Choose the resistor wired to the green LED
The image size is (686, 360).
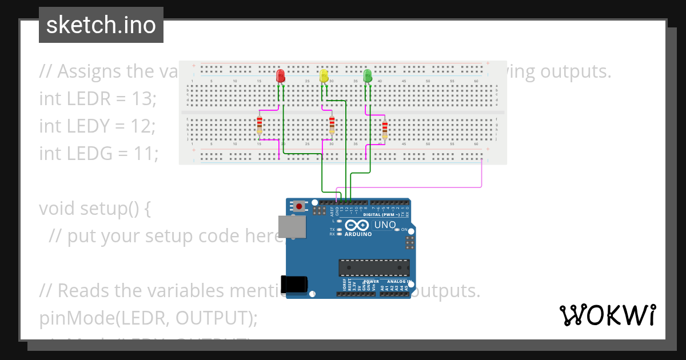click(x=384, y=129)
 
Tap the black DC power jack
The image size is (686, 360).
click(x=294, y=285)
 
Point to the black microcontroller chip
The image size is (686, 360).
click(x=374, y=267)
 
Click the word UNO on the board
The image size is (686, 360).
click(x=385, y=225)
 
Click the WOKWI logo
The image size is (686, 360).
click(x=607, y=315)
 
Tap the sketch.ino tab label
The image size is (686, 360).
click(x=101, y=25)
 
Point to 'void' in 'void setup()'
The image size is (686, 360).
click(x=58, y=209)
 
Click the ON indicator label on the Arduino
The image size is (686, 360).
click(x=404, y=230)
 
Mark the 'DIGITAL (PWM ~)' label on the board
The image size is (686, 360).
click(x=381, y=215)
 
